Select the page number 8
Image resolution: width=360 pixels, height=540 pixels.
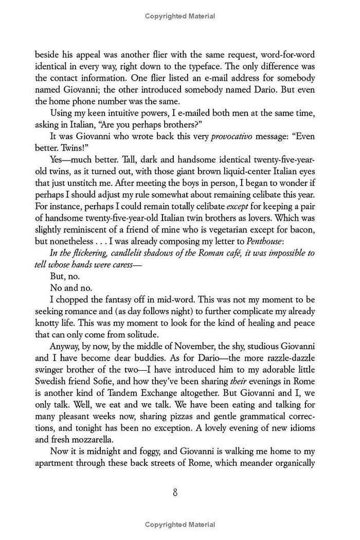tap(175, 493)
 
